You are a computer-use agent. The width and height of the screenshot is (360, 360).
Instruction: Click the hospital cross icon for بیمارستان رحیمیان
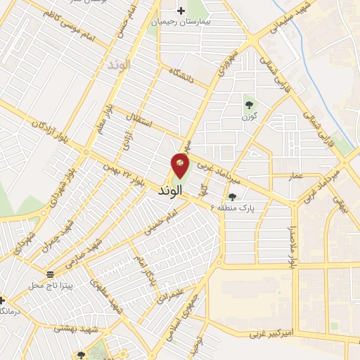pyautogui.click(x=181, y=11)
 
